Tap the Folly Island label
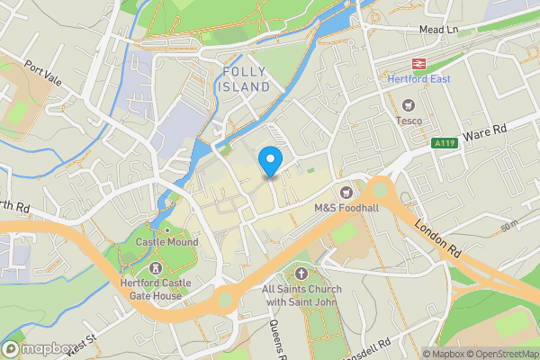pyautogui.click(x=246, y=78)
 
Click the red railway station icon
pyautogui.click(x=418, y=64)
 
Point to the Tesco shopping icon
pyautogui.click(x=409, y=104)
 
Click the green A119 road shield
pyautogui.click(x=443, y=143)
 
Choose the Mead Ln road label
pyautogui.click(x=439, y=30)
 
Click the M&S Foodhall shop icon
pyautogui.click(x=346, y=192)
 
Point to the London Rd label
pyautogui.click(x=438, y=237)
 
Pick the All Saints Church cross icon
pyautogui.click(x=300, y=273)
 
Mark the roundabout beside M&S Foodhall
pyautogui.click(x=379, y=189)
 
